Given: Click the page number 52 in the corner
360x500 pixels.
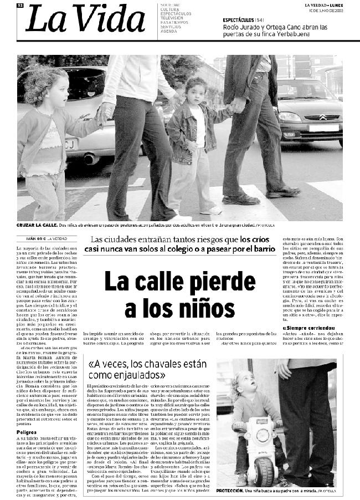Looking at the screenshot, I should (x=20, y=5).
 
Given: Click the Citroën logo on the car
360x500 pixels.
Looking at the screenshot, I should (x=322, y=117).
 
